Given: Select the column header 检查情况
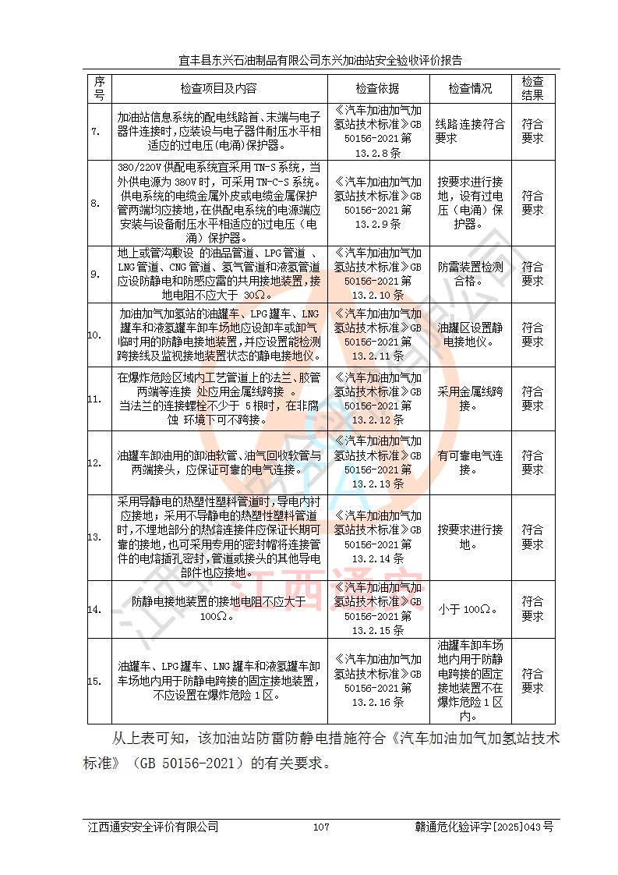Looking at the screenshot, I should (470, 88).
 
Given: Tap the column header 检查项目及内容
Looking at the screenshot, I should (218, 88).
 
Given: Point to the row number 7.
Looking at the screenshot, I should (95, 131).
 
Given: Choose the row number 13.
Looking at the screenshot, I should (94, 537).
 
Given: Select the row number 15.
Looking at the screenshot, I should (94, 682).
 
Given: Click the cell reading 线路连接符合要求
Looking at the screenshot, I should (470, 131).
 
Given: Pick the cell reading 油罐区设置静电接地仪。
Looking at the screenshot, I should (470, 335).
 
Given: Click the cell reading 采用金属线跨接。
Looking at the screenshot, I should (470, 399).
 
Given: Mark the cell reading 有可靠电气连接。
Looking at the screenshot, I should (470, 462).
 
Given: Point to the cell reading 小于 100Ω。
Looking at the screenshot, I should (470, 609).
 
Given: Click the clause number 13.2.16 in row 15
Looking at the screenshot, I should (377, 702).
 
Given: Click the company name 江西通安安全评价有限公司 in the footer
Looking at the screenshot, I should (153, 827).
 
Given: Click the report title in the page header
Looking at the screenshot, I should (320, 59).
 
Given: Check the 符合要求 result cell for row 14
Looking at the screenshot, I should (532, 609).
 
